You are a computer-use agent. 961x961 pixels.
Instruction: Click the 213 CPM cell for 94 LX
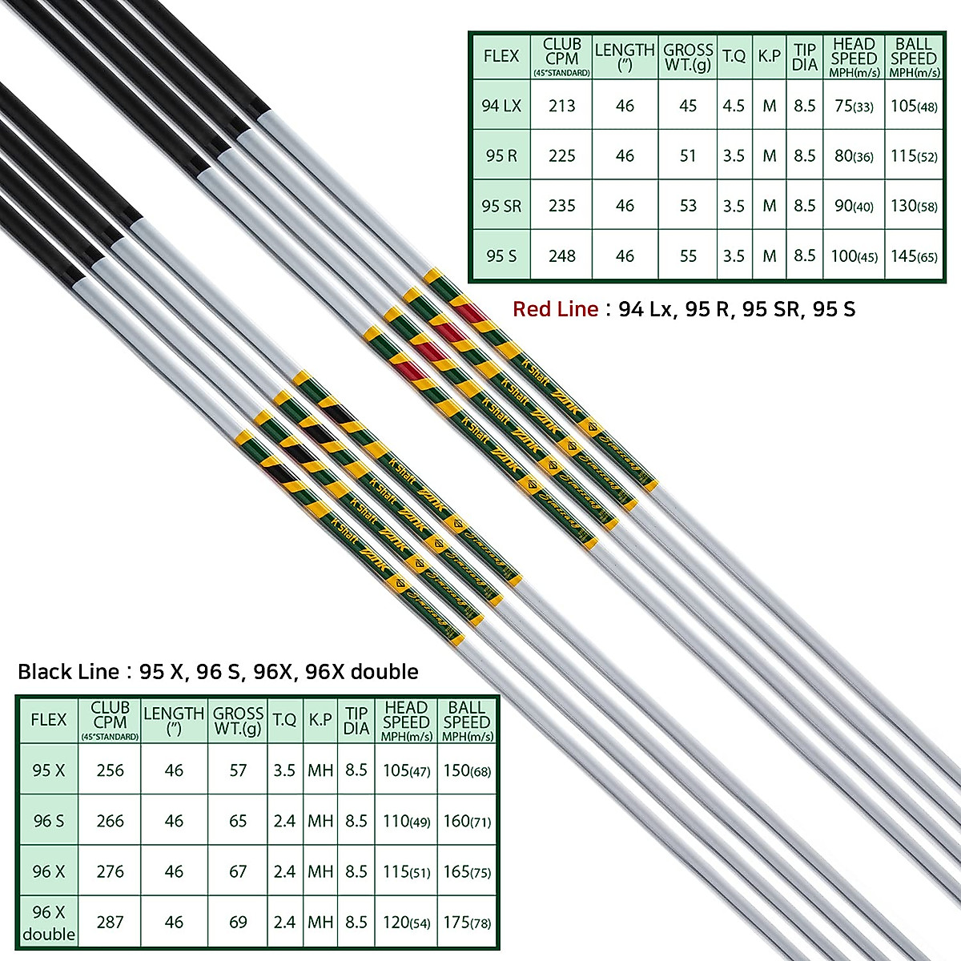tap(561, 106)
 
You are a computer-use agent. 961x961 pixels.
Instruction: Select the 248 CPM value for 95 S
tap(561, 256)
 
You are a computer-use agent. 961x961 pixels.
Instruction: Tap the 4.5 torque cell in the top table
tap(734, 106)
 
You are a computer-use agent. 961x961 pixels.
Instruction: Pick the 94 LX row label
tap(501, 106)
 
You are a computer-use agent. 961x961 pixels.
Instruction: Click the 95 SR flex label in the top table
tap(501, 206)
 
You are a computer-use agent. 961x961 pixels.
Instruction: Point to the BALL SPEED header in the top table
tap(914, 56)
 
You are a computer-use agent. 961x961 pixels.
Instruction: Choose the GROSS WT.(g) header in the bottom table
tap(238, 721)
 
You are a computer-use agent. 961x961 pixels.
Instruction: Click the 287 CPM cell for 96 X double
tap(110, 922)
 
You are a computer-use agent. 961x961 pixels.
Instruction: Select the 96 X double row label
tap(49, 923)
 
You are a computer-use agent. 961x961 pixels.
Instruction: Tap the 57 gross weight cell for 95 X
tap(238, 770)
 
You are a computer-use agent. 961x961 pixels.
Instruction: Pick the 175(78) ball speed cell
tap(467, 922)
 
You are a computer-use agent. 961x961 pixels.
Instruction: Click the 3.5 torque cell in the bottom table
tap(284, 770)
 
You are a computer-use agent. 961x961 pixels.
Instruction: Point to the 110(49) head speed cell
tap(406, 821)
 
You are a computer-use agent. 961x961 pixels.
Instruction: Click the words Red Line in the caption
tap(555, 309)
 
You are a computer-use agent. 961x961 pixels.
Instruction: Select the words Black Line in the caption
tap(68, 671)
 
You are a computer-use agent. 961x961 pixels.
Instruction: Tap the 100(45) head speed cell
tap(854, 256)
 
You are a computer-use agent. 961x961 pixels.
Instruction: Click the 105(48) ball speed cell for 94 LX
tap(914, 106)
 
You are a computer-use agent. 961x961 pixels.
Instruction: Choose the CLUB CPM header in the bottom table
tap(110, 720)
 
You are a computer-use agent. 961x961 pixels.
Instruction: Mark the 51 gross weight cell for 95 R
tap(688, 156)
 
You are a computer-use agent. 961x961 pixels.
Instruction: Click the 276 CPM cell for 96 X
tap(110, 871)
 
